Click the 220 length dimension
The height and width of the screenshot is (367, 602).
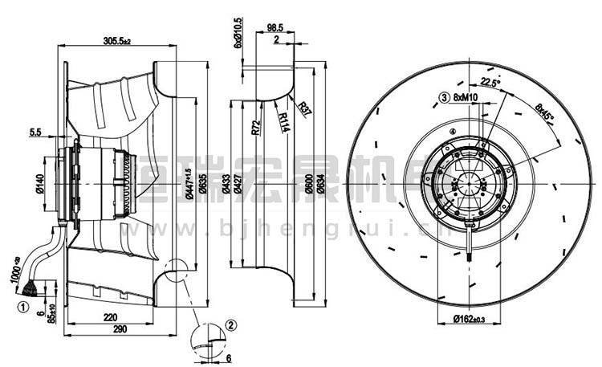113,317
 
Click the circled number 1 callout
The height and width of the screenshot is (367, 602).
23,305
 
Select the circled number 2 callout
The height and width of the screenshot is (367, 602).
230,324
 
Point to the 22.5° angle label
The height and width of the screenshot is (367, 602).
490,82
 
